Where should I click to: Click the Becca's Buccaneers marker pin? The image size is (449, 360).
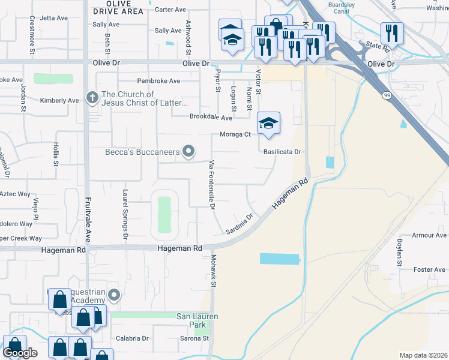pyautogui.click(x=188, y=152)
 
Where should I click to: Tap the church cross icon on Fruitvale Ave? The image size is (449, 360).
pyautogui.click(x=92, y=97)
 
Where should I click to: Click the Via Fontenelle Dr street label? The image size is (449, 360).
pyautogui.click(x=211, y=184)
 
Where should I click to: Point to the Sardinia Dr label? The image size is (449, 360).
pyautogui.click(x=240, y=224)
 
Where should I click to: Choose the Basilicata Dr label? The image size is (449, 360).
pyautogui.click(x=281, y=152)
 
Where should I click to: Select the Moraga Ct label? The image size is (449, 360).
pyautogui.click(x=235, y=134)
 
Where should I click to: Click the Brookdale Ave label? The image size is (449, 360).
pyautogui.click(x=211, y=118)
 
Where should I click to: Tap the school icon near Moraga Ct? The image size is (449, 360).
pyautogui.click(x=269, y=123)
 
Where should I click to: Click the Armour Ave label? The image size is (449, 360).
pyautogui.click(x=429, y=235)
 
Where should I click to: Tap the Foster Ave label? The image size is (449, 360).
pyautogui.click(x=429, y=269)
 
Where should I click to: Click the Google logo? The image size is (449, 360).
pyautogui.click(x=20, y=353)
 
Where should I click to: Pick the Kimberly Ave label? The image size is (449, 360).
pyautogui.click(x=59, y=100)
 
